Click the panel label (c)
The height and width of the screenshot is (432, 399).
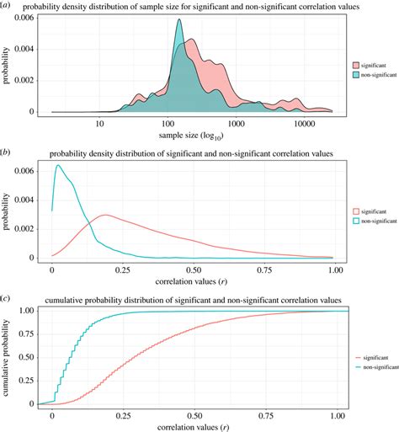8,297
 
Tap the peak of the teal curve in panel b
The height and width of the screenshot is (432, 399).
57,166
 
